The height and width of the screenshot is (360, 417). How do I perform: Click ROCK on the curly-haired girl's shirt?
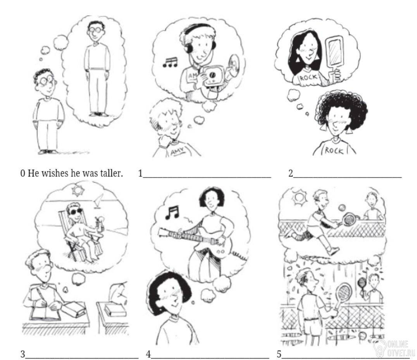(x=334, y=150)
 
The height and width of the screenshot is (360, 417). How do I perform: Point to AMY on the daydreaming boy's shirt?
(x=177, y=152)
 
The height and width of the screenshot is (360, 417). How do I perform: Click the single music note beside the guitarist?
(x=172, y=212)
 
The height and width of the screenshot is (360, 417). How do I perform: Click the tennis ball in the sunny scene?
(x=342, y=207)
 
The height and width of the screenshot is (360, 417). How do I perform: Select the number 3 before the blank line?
(x=23, y=354)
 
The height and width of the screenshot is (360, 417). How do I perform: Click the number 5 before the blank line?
(x=279, y=354)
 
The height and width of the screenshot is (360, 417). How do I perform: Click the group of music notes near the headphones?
(x=170, y=63)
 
